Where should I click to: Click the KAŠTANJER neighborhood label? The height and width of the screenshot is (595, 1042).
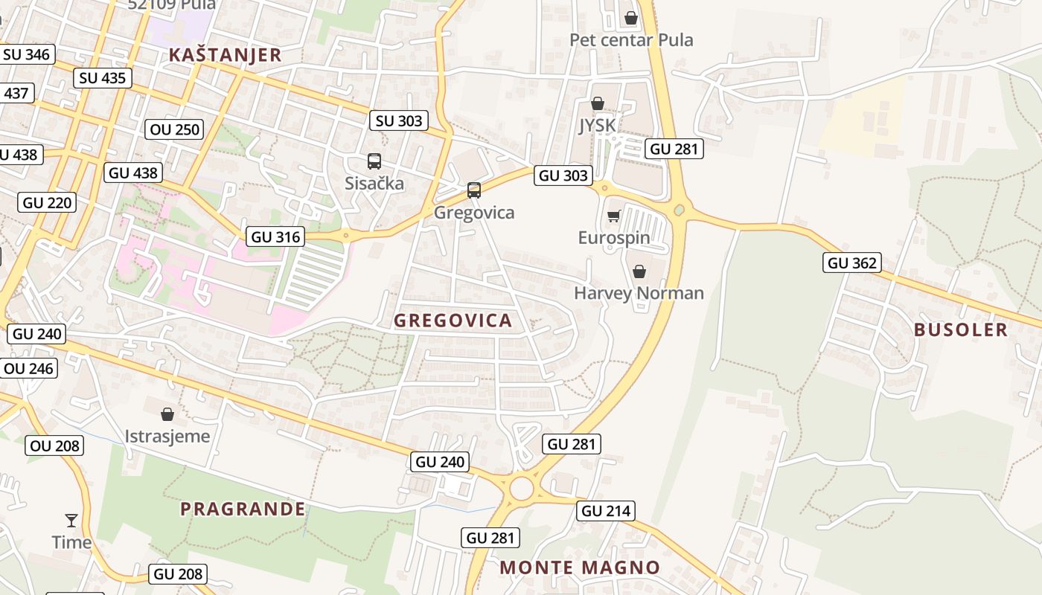pyautogui.click(x=225, y=54)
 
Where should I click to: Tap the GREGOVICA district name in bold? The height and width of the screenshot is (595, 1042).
pyautogui.click(x=453, y=321)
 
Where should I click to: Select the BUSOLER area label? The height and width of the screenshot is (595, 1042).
pyautogui.click(x=960, y=329)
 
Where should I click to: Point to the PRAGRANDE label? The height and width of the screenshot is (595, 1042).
pyautogui.click(x=243, y=509)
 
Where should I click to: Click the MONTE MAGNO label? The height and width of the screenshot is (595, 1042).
pyautogui.click(x=579, y=567)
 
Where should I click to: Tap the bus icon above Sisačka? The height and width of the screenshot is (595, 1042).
pyautogui.click(x=374, y=161)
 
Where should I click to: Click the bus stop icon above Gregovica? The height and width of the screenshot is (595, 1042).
pyautogui.click(x=474, y=190)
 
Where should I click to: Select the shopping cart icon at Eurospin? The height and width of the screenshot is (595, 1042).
pyautogui.click(x=613, y=216)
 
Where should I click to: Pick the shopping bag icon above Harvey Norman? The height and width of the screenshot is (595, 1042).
pyautogui.click(x=639, y=271)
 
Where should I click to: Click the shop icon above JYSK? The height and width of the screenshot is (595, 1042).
pyautogui.click(x=597, y=104)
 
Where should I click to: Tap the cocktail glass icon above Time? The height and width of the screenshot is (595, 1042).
pyautogui.click(x=71, y=520)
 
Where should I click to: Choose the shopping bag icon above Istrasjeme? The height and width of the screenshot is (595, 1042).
pyautogui.click(x=167, y=414)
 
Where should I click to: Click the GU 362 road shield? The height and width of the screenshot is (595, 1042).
pyautogui.click(x=852, y=263)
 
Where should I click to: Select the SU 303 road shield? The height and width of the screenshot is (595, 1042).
pyautogui.click(x=399, y=120)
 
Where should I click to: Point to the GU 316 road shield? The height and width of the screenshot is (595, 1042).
pyautogui.click(x=275, y=237)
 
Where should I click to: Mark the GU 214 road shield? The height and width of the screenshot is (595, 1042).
pyautogui.click(x=605, y=511)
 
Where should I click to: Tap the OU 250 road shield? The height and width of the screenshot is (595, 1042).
pyautogui.click(x=174, y=129)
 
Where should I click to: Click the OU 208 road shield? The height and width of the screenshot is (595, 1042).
pyautogui.click(x=55, y=446)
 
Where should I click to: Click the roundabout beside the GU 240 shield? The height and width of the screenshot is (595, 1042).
pyautogui.click(x=521, y=489)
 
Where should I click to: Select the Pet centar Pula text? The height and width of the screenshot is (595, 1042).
pyautogui.click(x=631, y=39)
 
